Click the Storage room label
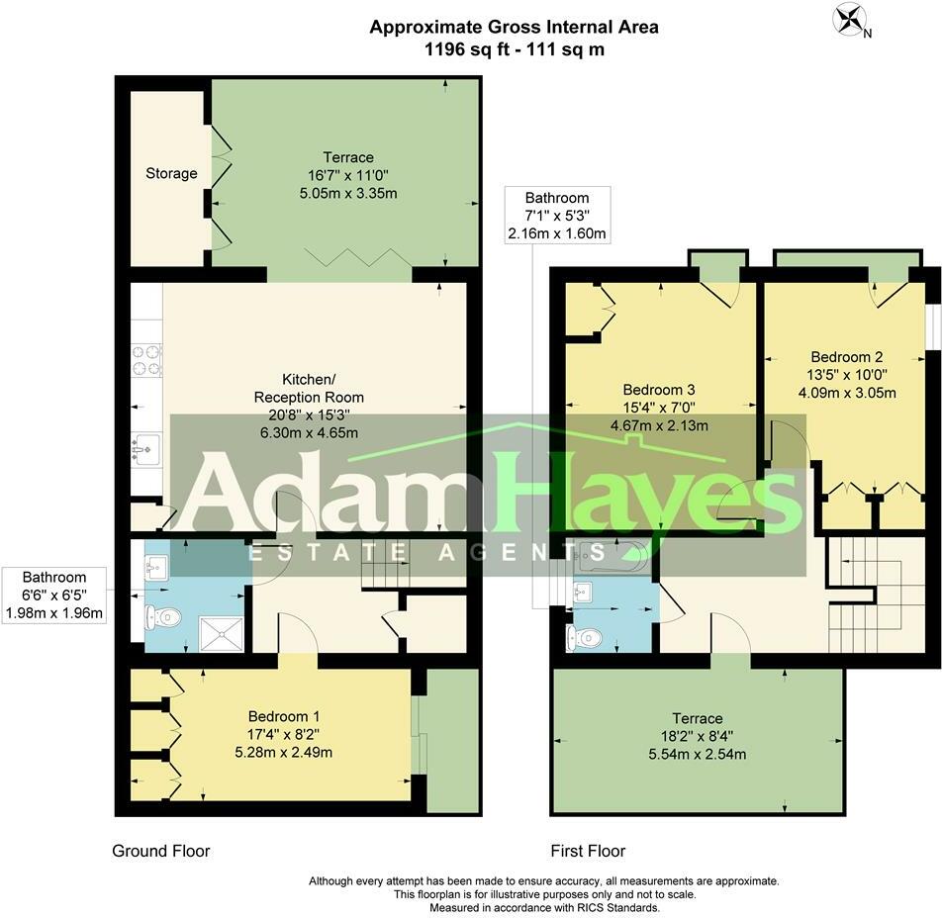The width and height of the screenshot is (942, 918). [171, 173]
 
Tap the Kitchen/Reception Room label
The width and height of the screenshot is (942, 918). [309, 388]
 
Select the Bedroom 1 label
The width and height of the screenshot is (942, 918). [283, 716]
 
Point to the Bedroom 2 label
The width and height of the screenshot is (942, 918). [846, 357]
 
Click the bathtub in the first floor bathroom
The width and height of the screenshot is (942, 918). [611, 557]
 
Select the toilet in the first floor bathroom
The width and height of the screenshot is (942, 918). [579, 636]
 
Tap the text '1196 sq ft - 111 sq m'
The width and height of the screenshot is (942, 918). [514, 49]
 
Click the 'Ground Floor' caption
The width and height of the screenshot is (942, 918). [161, 851]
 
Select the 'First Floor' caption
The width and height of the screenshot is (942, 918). [588, 851]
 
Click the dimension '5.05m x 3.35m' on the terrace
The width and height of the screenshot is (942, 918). [347, 193]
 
